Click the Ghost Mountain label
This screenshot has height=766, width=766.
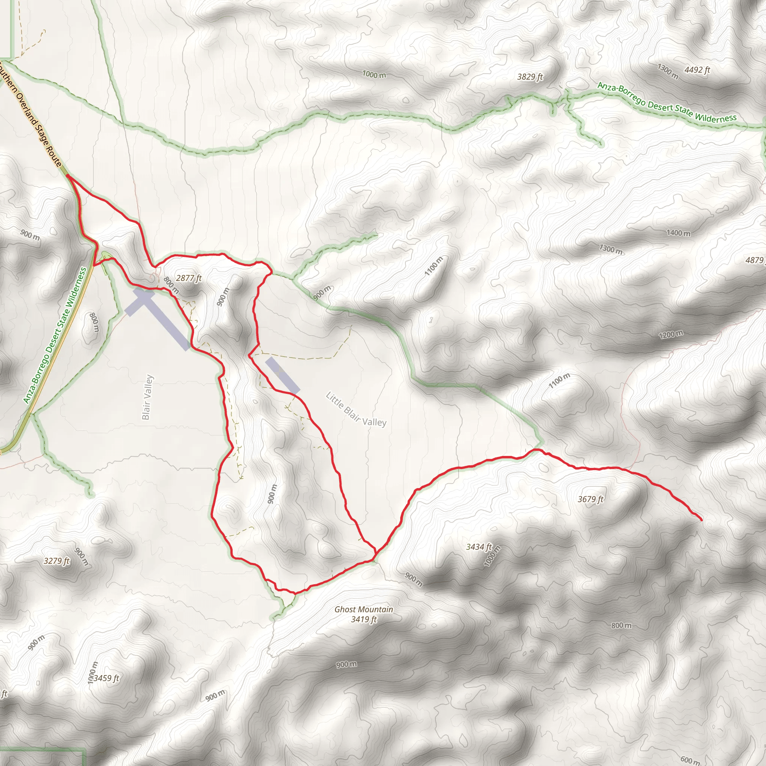point(364,609)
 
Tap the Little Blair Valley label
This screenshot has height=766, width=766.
point(356,409)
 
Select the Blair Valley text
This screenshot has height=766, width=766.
point(147,397)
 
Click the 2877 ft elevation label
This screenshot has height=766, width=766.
point(189,278)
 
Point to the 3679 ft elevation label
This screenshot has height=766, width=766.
point(590,499)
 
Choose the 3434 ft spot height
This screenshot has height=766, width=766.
point(478,547)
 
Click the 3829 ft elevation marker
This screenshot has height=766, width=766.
point(530,77)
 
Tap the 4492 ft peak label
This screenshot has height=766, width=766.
point(697,70)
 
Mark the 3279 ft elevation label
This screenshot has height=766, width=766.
point(56,561)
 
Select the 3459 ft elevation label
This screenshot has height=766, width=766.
point(106,678)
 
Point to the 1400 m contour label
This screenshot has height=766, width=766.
point(678,233)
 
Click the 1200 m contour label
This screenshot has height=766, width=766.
point(671,334)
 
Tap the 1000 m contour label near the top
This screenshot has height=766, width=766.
point(374,74)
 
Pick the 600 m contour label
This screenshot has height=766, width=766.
point(690,760)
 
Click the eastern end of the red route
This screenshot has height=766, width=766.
point(701,520)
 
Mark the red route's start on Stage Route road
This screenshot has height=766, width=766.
point(67,175)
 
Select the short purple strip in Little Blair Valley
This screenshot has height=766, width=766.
point(282,375)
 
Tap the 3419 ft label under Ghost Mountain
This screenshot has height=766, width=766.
point(364,619)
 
